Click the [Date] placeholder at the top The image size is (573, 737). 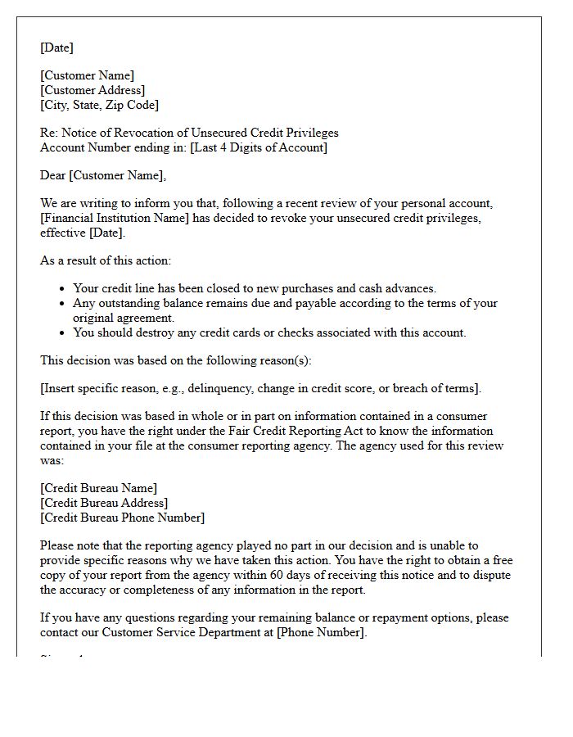[x=56, y=47]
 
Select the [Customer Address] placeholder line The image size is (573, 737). [x=92, y=90]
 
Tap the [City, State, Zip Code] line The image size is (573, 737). [x=100, y=105]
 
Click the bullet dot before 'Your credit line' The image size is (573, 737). [x=63, y=288]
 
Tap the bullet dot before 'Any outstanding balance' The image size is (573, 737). [x=63, y=303]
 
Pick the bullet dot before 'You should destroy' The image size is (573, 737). [x=63, y=332]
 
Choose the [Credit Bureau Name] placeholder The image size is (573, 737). [x=99, y=488]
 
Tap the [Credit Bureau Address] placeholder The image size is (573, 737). [x=104, y=503]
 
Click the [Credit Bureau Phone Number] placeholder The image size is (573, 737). [x=123, y=518]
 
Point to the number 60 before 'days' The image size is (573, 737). [x=341, y=575]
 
